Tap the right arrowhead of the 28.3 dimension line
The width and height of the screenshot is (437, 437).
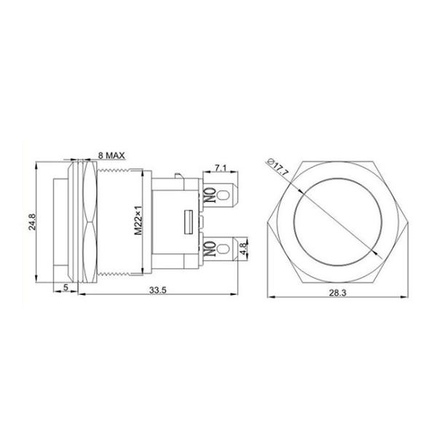(x=405, y=297)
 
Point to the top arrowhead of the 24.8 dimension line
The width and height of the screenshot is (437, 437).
(x=37, y=166)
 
